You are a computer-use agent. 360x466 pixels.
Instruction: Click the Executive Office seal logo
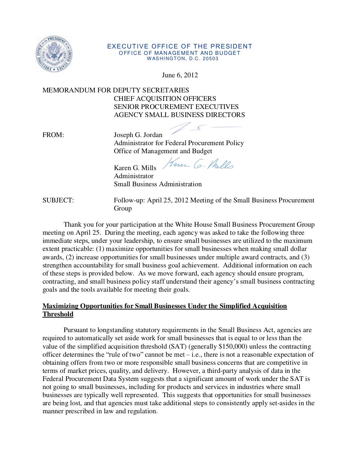click(54, 54)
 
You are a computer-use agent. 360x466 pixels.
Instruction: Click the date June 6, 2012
click(180, 75)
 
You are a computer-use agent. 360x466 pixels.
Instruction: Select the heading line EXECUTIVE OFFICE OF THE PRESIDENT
click(180, 46)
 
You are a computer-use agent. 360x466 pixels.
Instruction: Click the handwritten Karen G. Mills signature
click(199, 164)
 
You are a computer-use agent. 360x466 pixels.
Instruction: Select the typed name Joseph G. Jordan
click(138, 135)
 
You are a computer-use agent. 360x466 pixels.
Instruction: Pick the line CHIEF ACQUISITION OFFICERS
click(165, 99)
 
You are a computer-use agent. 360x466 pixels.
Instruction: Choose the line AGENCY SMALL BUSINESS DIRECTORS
click(179, 115)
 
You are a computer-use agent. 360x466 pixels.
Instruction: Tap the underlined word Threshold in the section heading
click(58, 314)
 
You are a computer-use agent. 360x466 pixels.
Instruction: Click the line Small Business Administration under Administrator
click(157, 184)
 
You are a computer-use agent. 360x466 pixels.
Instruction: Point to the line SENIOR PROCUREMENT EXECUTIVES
click(176, 107)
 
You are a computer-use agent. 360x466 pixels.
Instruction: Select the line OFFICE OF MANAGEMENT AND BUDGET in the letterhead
click(180, 53)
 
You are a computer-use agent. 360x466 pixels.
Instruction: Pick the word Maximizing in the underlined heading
click(60, 306)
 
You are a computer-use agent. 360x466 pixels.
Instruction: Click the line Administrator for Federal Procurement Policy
click(179, 143)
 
